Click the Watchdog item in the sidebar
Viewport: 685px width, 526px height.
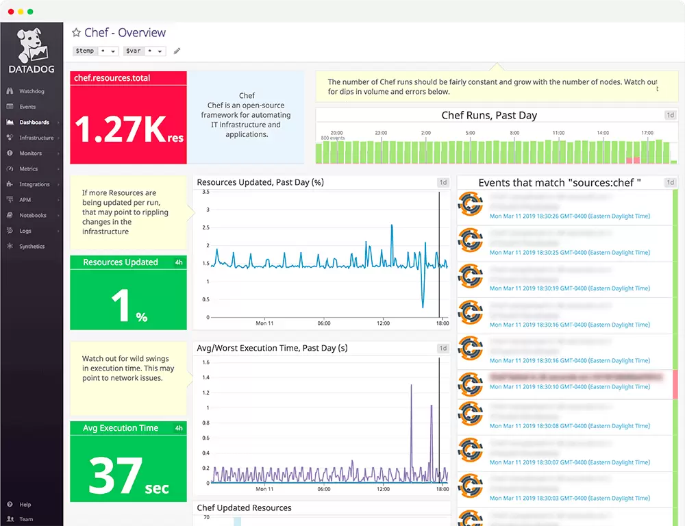[32, 91]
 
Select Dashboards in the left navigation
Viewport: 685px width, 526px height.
[34, 122]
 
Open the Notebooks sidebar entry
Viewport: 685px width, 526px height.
[32, 215]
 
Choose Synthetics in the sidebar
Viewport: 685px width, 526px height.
[32, 247]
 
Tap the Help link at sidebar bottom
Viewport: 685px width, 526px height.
[25, 505]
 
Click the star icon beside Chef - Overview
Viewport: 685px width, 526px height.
[76, 33]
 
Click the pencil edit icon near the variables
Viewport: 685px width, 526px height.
[177, 51]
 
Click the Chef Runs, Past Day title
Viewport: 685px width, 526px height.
[489, 115]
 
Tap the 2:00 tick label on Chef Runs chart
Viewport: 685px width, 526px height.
[425, 133]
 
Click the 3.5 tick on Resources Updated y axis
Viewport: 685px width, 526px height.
[206, 193]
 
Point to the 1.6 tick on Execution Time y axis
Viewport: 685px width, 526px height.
[206, 362]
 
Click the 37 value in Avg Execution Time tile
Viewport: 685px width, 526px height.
[114, 476]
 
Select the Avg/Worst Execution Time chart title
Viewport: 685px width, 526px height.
[272, 348]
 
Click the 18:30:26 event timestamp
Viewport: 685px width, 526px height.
[569, 215]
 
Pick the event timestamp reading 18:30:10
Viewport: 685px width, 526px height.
[569, 387]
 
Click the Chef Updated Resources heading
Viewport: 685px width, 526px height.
[244, 508]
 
